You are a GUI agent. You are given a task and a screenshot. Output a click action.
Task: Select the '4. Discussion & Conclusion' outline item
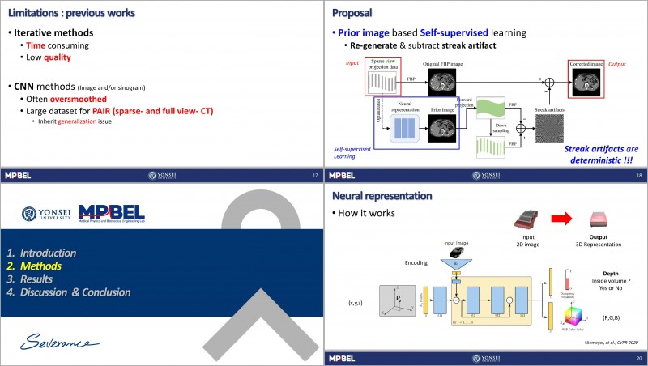[x=79, y=292]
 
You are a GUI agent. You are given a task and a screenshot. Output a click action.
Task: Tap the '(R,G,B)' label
[x=612, y=318]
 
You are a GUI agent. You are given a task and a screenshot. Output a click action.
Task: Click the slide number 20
[x=639, y=357]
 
